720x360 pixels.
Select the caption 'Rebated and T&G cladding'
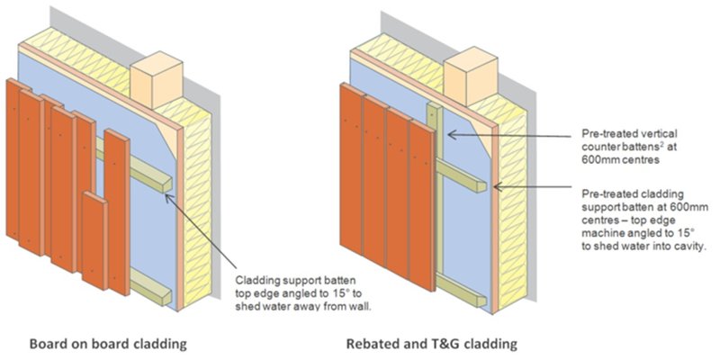pyautogui.click(x=431, y=344)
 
